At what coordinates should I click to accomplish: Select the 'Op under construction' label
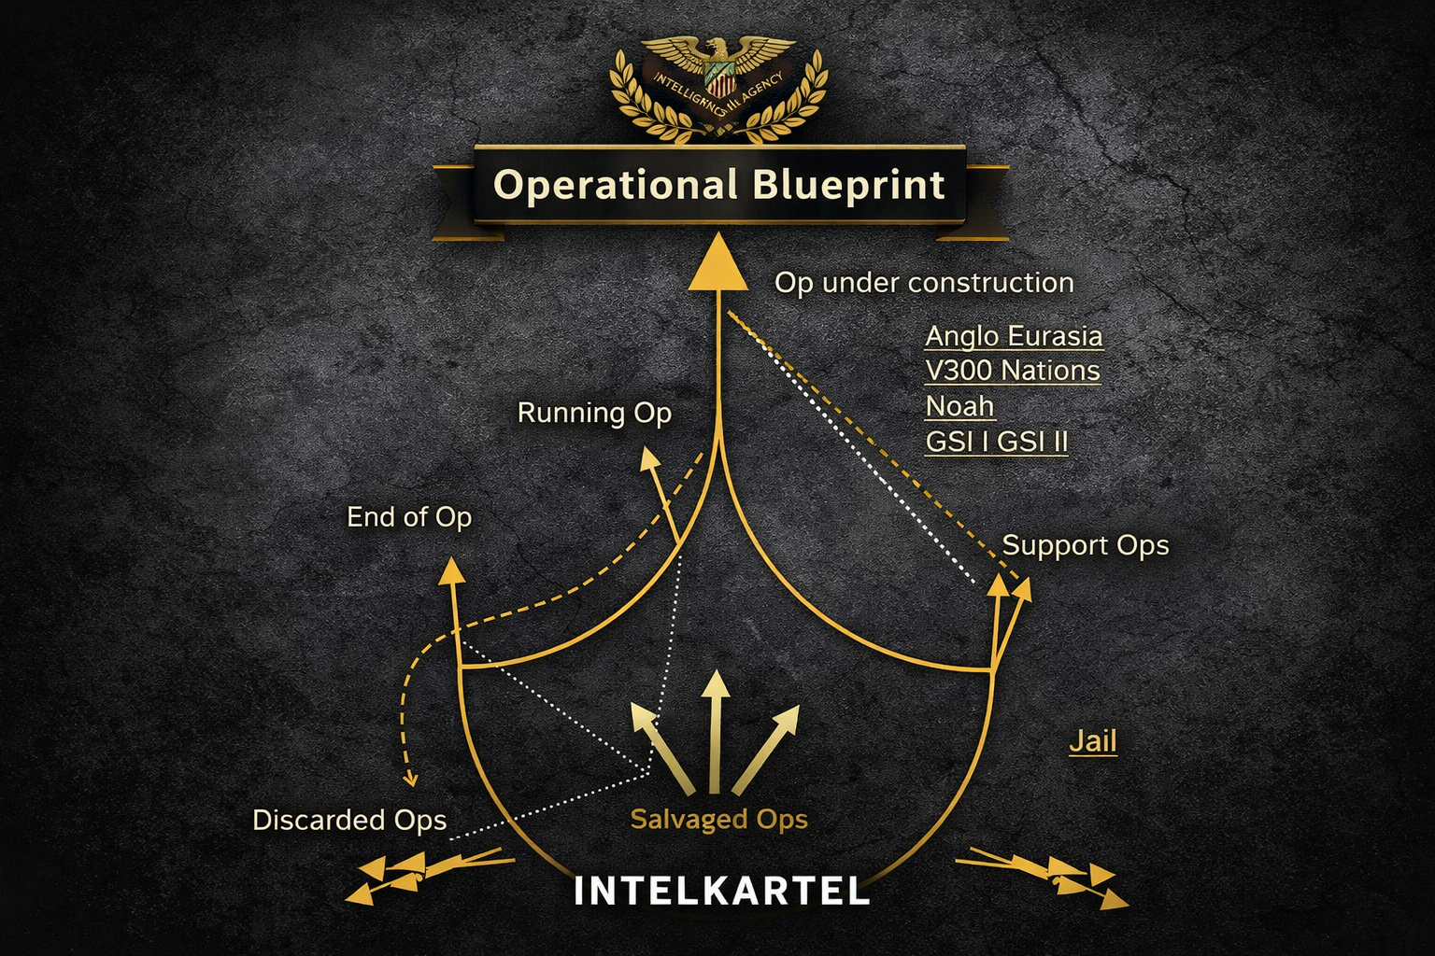[924, 283]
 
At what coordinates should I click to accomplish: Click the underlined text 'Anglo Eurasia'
[1014, 336]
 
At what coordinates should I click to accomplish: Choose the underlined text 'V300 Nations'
[1013, 371]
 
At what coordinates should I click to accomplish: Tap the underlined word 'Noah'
[959, 406]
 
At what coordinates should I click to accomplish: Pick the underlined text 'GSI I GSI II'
[996, 441]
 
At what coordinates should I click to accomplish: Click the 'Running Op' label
[594, 413]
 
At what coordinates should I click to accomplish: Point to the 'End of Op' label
[409, 517]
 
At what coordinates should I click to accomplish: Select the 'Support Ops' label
[1085, 545]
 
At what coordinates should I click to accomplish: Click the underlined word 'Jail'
[1093, 741]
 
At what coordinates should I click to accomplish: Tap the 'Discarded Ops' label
[349, 820]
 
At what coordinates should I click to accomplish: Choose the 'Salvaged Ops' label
[718, 819]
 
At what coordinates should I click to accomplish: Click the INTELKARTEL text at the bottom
[721, 890]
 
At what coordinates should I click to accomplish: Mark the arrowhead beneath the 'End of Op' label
[452, 570]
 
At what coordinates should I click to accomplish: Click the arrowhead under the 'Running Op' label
[648, 457]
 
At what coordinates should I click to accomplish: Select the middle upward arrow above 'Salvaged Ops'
[716, 686]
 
